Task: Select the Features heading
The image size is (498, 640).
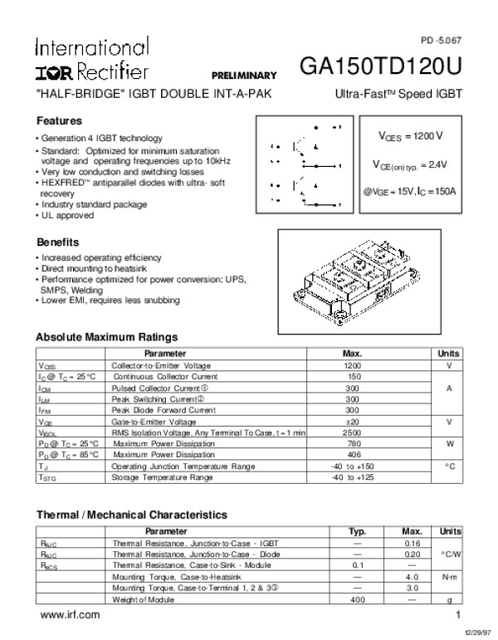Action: click(59, 120)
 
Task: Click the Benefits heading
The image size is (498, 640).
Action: click(58, 242)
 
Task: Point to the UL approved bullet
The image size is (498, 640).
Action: click(67, 216)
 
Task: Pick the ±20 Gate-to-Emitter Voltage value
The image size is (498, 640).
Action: click(353, 422)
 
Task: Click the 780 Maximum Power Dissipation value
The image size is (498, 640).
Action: click(353, 444)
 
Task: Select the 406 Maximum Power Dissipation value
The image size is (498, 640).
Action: click(353, 455)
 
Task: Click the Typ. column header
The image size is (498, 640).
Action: click(358, 530)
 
